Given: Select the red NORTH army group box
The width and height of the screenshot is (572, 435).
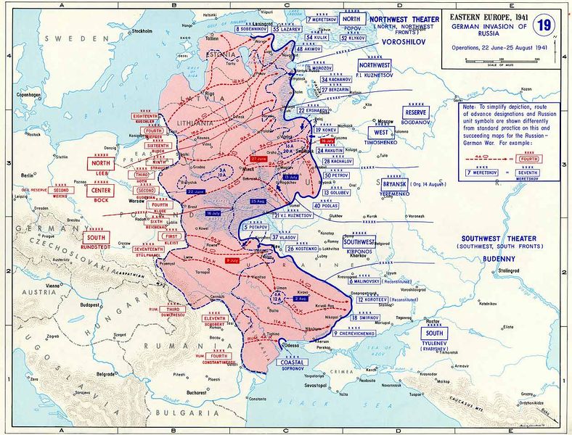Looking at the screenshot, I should coord(101,164).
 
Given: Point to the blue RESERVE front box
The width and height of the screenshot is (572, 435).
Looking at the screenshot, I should coord(417,113).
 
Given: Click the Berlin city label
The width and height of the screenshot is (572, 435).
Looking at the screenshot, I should coord(28,175).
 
